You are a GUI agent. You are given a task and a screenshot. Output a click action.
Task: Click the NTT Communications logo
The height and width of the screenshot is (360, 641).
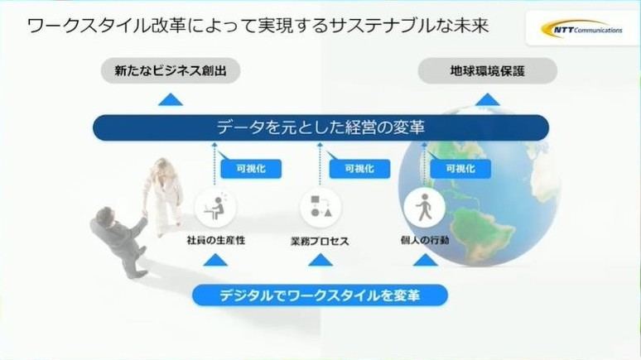pos(581,29)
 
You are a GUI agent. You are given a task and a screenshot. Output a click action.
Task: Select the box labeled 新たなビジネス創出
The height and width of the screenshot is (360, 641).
pos(171,70)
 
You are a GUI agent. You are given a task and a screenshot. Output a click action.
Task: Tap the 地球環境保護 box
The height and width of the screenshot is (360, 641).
pos(487,71)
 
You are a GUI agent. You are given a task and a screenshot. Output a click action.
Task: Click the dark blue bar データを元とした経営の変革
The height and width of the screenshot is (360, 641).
pos(320,127)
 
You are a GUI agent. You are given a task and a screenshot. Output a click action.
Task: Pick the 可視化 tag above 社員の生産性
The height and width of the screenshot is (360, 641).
pos(251,168)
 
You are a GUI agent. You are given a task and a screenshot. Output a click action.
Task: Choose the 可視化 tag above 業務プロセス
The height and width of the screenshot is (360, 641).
pos(359,168)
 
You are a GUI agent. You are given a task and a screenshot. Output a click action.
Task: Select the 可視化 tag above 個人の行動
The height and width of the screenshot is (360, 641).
pos(460,168)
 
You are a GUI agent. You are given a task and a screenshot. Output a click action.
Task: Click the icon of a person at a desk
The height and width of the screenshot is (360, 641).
pos(215,208)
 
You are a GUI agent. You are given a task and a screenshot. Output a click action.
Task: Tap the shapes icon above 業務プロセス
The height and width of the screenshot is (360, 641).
pos(320,207)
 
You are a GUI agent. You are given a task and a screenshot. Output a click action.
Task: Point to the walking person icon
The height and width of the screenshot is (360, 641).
pos(424,207)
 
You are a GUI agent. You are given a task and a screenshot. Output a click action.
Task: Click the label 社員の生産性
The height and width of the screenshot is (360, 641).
pos(216,240)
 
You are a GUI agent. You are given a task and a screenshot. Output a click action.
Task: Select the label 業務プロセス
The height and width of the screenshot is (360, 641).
pos(320,241)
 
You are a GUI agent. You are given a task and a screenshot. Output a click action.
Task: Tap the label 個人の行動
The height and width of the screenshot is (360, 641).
pos(425,240)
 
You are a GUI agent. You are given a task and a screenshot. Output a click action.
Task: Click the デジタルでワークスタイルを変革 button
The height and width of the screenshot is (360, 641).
pos(320,295)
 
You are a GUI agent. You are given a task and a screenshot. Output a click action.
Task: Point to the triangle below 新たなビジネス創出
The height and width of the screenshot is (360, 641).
pos(171,99)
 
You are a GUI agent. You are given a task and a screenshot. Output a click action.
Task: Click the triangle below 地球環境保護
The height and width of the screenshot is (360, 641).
pos(487,99)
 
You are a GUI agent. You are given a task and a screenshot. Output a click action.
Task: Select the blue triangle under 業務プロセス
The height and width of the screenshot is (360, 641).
pos(320,260)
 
